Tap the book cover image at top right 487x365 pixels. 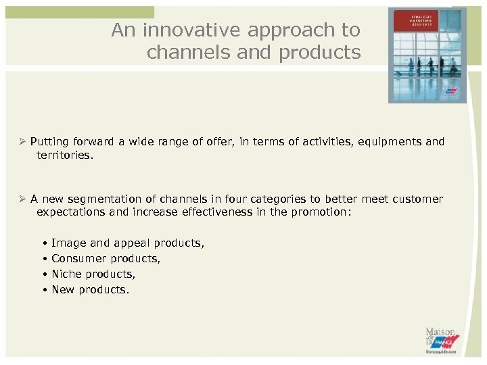click(427, 55)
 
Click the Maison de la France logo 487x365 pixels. click(442, 340)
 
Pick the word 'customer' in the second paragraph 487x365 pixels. click(417, 199)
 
